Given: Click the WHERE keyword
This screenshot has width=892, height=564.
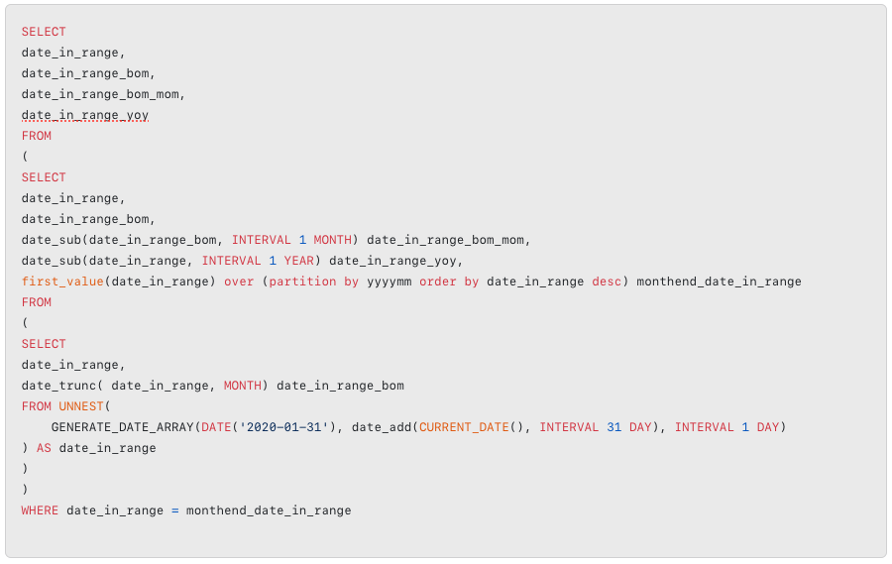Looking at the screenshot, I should (x=40, y=510).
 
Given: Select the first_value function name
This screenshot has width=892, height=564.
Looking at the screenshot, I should (x=61, y=282).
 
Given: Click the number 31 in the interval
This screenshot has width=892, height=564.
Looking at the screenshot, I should (x=613, y=427).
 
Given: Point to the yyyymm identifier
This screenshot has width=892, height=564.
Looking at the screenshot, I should (x=389, y=282).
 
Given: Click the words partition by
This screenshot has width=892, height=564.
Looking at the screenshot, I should (x=306, y=282).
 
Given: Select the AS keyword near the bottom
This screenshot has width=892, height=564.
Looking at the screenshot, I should (x=44, y=448).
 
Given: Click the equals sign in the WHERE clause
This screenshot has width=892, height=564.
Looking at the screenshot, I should (x=174, y=510).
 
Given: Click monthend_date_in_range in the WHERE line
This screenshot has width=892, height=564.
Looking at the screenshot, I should (x=269, y=510).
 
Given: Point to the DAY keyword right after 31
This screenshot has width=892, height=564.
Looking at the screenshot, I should (x=640, y=427).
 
